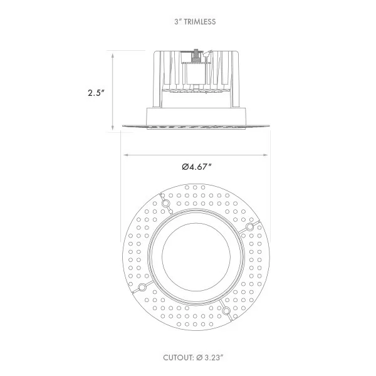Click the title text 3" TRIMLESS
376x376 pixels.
195,22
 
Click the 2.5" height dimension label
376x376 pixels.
96,93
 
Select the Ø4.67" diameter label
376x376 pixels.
196,167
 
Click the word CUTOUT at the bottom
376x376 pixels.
179,358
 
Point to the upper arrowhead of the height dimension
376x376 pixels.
112,56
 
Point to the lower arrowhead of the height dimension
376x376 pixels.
112,127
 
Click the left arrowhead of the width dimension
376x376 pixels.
127,155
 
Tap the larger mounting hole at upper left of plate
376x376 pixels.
165,204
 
